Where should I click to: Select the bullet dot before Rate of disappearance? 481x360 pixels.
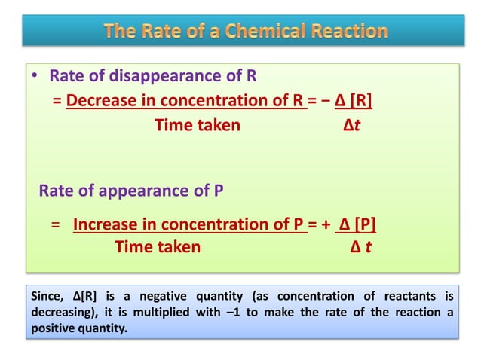click(x=34, y=76)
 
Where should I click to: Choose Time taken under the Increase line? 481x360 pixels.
click(x=158, y=246)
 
